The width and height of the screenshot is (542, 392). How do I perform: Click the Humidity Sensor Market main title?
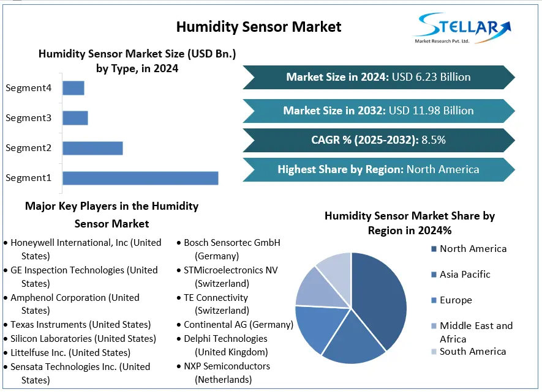pyautogui.click(x=258, y=26)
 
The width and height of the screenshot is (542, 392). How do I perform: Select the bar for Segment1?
pyautogui.click(x=140, y=178)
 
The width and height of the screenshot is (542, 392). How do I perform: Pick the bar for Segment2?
pyautogui.click(x=92, y=148)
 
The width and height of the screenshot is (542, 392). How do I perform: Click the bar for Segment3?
pyautogui.click(x=75, y=117)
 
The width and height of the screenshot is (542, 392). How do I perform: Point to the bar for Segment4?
pyautogui.click(x=73, y=87)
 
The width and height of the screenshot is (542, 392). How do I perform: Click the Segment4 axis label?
pyautogui.click(x=28, y=87)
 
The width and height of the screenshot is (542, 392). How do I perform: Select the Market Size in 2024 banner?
pyautogui.click(x=378, y=77)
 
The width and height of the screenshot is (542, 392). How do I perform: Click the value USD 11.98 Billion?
pyautogui.click(x=432, y=111)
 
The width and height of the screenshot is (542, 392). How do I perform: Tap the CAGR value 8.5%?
pyautogui.click(x=433, y=140)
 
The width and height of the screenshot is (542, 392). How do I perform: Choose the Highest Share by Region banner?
pyautogui.click(x=378, y=169)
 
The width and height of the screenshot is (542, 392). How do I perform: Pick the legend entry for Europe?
pyautogui.click(x=455, y=300)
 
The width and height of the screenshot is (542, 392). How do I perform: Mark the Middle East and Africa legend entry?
pyautogui.click(x=475, y=332)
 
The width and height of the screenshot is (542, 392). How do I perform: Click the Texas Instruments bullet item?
pyautogui.click(x=80, y=325)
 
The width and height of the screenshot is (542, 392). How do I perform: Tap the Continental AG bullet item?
pyautogui.click(x=238, y=325)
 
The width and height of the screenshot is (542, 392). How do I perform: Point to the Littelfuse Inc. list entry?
pyautogui.click(x=70, y=353)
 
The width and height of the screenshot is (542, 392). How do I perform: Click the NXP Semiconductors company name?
pyautogui.click(x=227, y=366)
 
